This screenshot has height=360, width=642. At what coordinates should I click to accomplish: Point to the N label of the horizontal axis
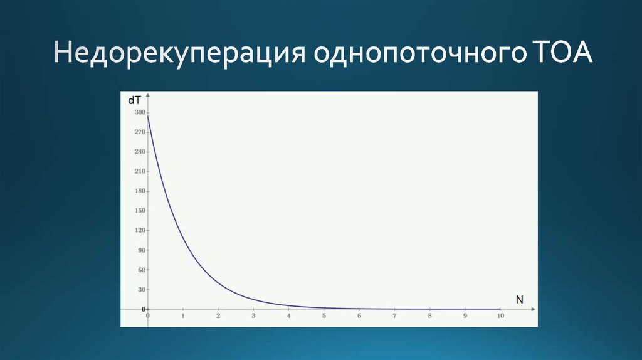click(x=519, y=299)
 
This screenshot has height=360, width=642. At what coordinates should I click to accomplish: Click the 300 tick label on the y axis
click(x=139, y=112)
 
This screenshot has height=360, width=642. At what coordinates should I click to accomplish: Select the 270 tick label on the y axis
click(x=139, y=132)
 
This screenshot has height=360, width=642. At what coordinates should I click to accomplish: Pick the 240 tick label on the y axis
click(x=139, y=152)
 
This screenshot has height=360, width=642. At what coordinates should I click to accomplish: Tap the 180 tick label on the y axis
click(x=139, y=191)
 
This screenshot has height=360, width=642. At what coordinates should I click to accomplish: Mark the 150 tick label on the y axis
click(x=139, y=211)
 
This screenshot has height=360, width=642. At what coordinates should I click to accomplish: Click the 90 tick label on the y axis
click(x=141, y=250)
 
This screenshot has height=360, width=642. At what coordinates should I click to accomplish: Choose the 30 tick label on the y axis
click(x=141, y=289)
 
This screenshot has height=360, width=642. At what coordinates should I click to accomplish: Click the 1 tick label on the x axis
click(x=183, y=316)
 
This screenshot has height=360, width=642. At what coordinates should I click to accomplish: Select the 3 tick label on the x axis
click(x=253, y=316)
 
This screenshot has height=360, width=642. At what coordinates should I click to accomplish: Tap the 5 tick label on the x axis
click(x=324, y=316)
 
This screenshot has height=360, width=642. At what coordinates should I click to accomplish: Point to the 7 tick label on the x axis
click(x=394, y=316)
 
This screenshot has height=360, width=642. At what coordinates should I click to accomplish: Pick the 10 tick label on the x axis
click(x=500, y=316)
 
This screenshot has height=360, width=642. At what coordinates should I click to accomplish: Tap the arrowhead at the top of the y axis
click(x=148, y=96)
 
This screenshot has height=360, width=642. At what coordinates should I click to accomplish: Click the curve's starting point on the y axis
click(x=148, y=115)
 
